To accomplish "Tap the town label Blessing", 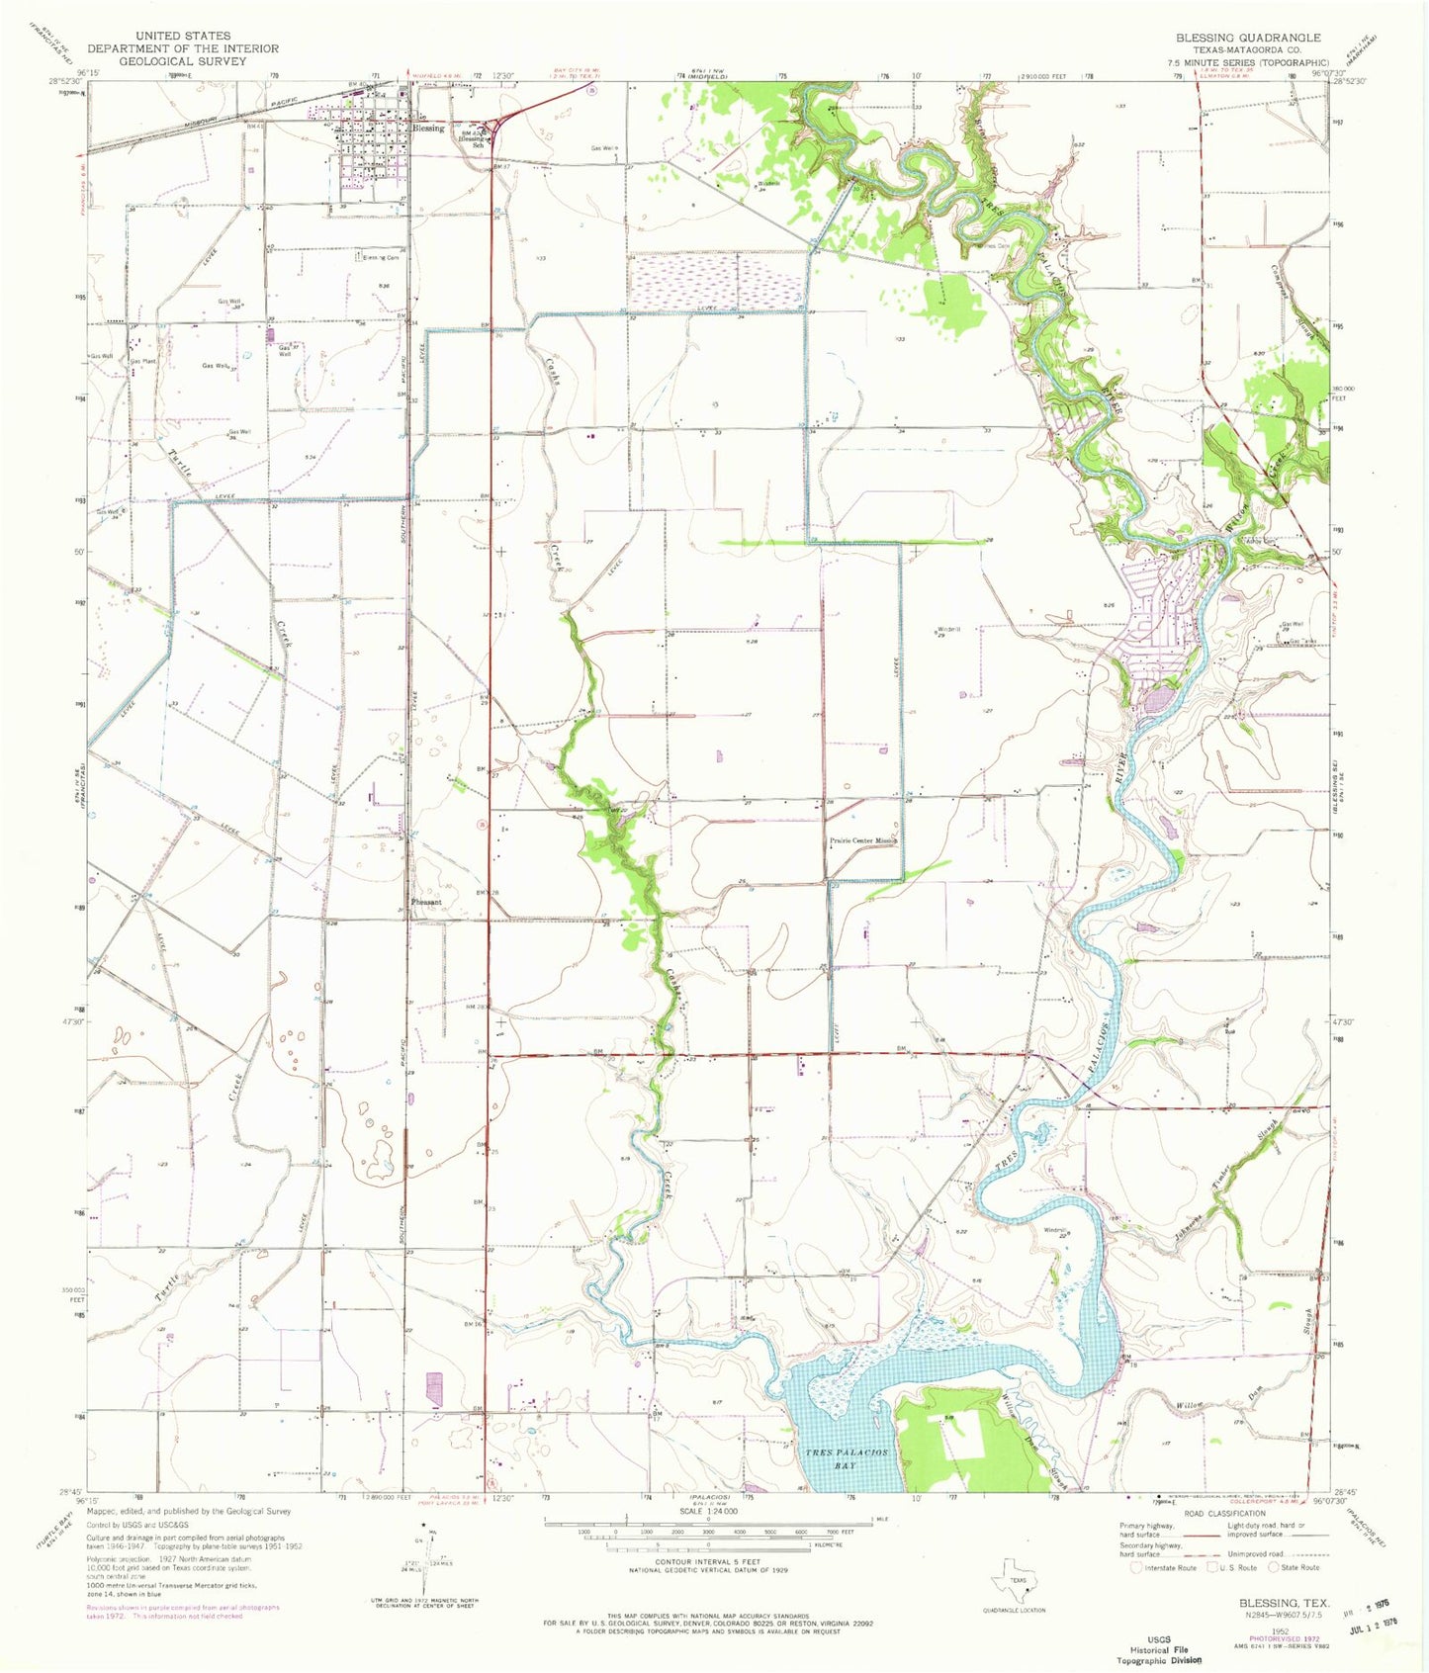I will (x=429, y=129).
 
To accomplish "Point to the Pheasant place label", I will (x=427, y=903).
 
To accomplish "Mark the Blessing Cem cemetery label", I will (x=381, y=258).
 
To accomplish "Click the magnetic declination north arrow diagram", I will (x=426, y=1572).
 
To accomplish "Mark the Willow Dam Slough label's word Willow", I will (x=1189, y=1404).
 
